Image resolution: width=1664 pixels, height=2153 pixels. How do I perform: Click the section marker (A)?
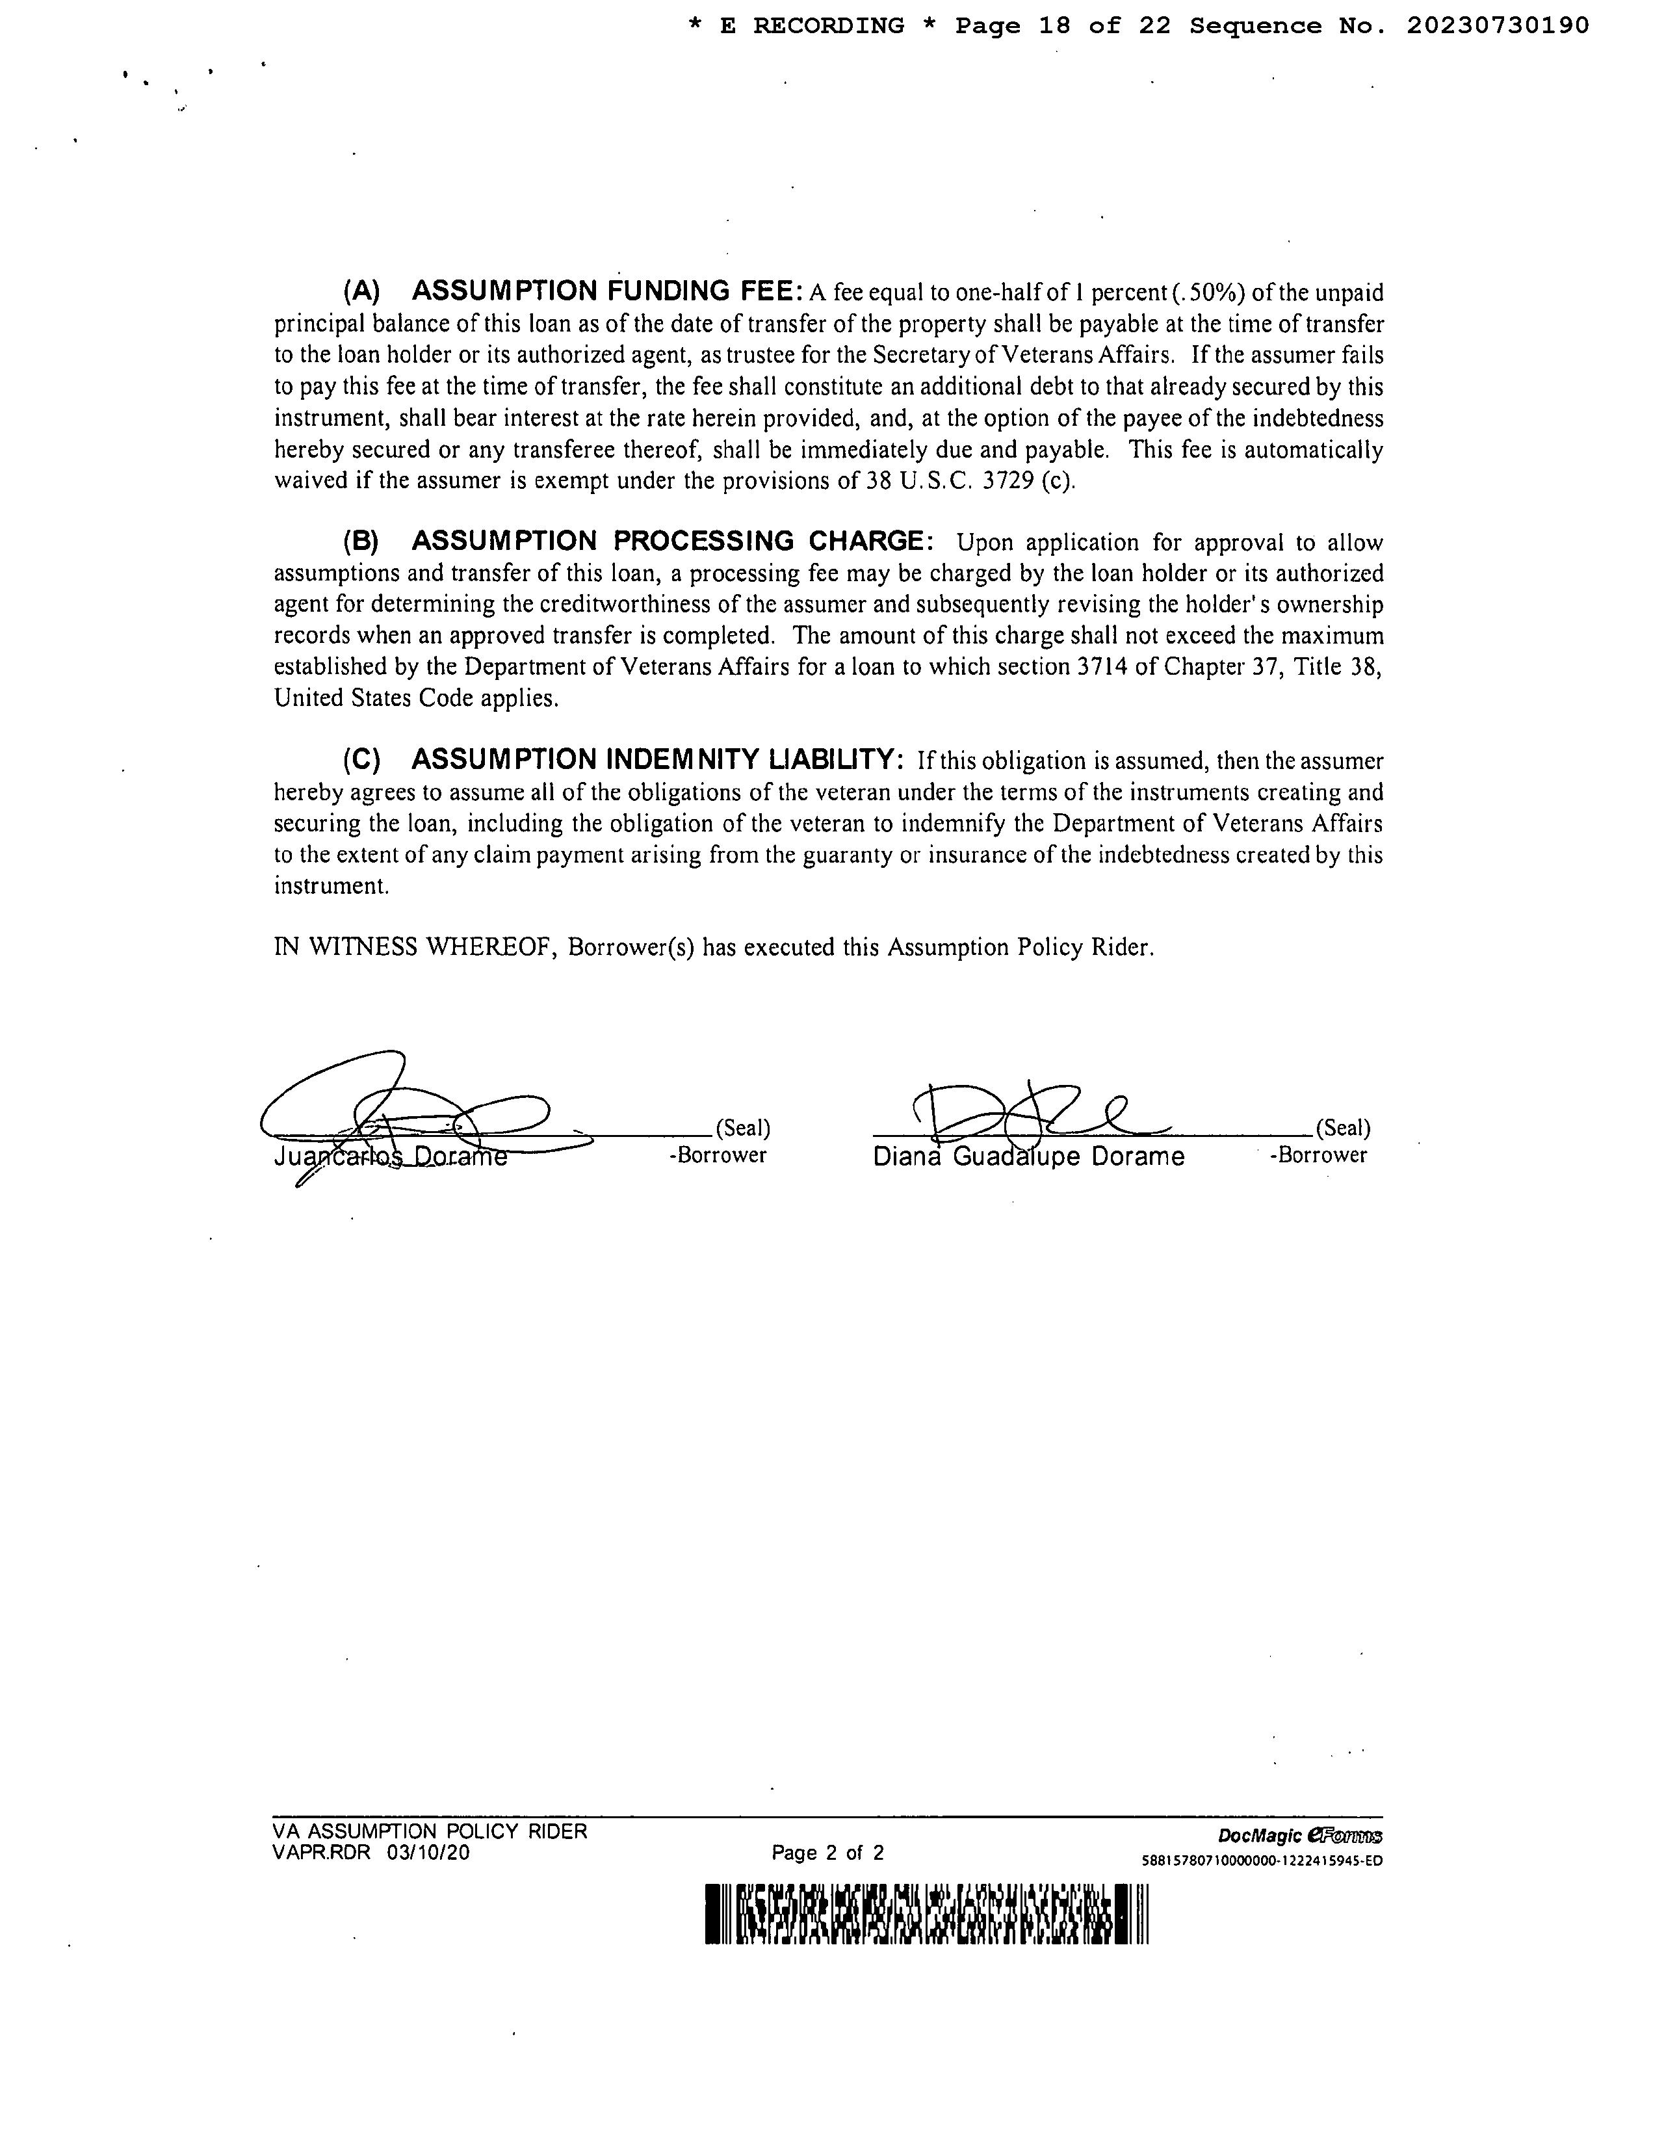point(361,292)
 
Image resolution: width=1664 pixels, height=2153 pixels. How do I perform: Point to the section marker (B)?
point(361,542)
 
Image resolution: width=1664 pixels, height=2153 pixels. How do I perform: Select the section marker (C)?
point(361,760)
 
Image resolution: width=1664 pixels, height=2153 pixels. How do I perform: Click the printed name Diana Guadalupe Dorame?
point(1028,1156)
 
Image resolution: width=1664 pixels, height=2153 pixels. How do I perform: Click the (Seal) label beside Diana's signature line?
point(1343,1128)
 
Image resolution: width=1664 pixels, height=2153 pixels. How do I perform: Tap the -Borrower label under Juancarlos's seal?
point(718,1155)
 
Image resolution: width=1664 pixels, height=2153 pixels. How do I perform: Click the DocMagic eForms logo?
point(1299,1836)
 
